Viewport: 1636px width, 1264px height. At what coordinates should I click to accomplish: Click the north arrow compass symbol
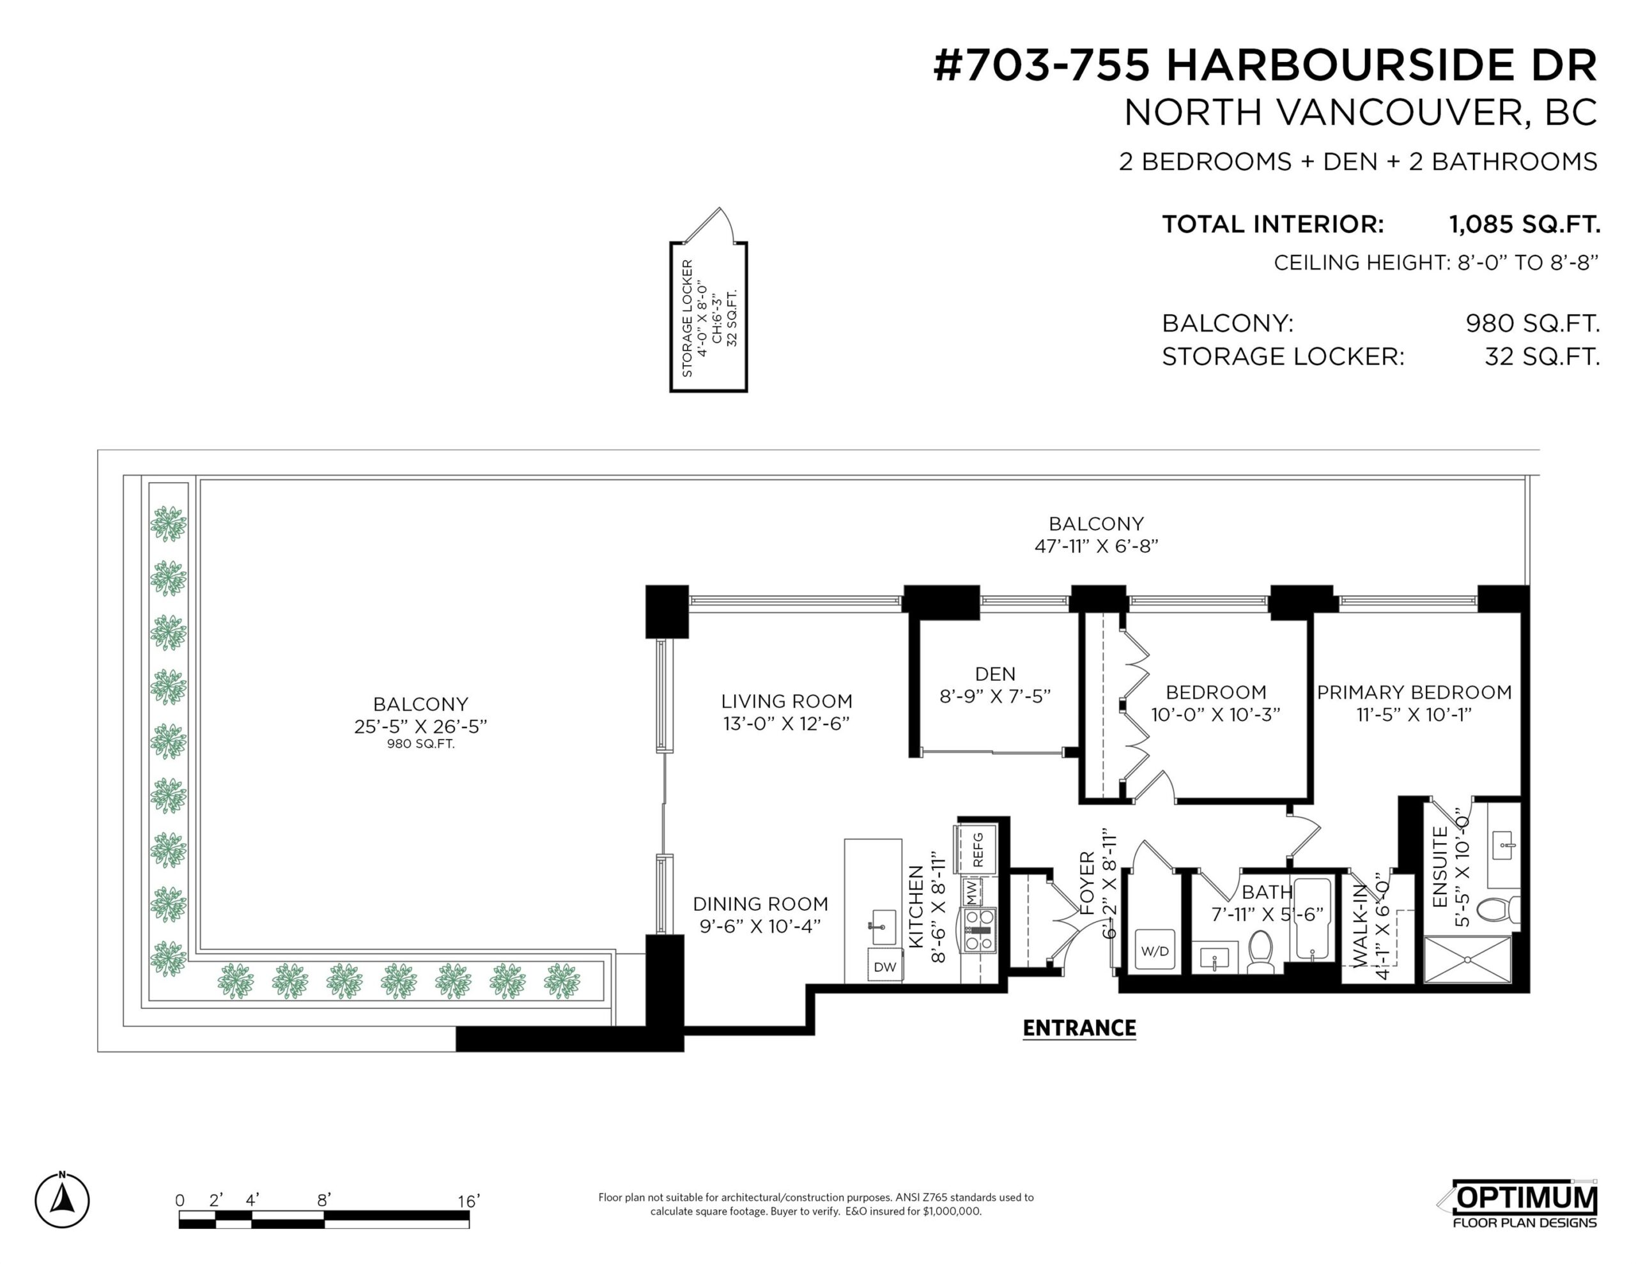(62, 1200)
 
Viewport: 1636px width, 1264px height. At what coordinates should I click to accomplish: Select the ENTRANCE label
(1079, 1028)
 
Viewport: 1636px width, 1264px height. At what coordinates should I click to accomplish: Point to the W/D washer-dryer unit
(1154, 950)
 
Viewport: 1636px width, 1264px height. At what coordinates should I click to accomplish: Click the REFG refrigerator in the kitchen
(975, 849)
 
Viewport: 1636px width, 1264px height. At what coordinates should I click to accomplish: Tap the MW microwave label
(971, 891)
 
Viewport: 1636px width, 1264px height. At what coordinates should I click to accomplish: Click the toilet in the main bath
(1261, 952)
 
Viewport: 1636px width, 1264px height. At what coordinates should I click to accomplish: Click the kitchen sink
(884, 927)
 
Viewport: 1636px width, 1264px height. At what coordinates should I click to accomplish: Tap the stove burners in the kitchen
(980, 930)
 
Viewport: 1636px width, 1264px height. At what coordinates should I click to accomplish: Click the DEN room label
(996, 674)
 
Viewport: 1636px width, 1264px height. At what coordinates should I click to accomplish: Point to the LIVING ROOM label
(787, 702)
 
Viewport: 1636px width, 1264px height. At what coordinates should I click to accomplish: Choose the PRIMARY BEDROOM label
(1414, 692)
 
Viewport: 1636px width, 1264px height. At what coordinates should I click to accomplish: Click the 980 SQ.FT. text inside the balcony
(421, 744)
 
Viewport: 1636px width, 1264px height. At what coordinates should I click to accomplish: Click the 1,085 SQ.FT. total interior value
(1524, 224)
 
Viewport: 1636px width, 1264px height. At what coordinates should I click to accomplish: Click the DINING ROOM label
(760, 904)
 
